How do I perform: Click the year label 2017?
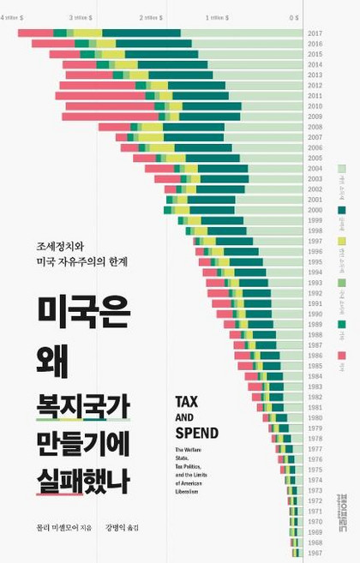[x=315, y=33]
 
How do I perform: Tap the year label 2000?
[x=315, y=210]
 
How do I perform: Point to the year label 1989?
[x=315, y=324]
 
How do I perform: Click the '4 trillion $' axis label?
[x=15, y=17]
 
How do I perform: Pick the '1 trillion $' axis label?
[x=218, y=17]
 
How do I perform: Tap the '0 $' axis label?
[x=293, y=17]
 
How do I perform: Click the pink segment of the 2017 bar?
[x=35, y=33]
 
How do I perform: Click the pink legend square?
[x=342, y=355]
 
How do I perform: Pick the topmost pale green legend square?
[x=342, y=171]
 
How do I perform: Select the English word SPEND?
[x=196, y=433]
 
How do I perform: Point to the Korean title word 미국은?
[x=82, y=316]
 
